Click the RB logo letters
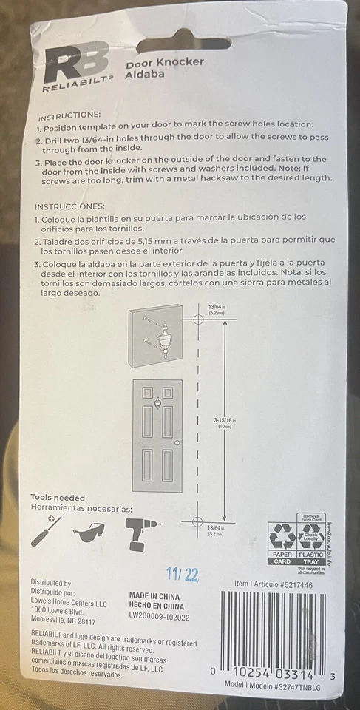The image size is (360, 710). pos(76,63)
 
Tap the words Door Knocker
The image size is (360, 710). pos(164,62)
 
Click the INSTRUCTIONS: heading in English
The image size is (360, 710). pos(69,116)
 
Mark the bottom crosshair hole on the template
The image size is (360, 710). pos(197,522)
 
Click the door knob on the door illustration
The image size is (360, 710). pos(177,443)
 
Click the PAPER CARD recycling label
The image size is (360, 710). pos(281,557)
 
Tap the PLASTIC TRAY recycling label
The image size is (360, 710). pos(310,557)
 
